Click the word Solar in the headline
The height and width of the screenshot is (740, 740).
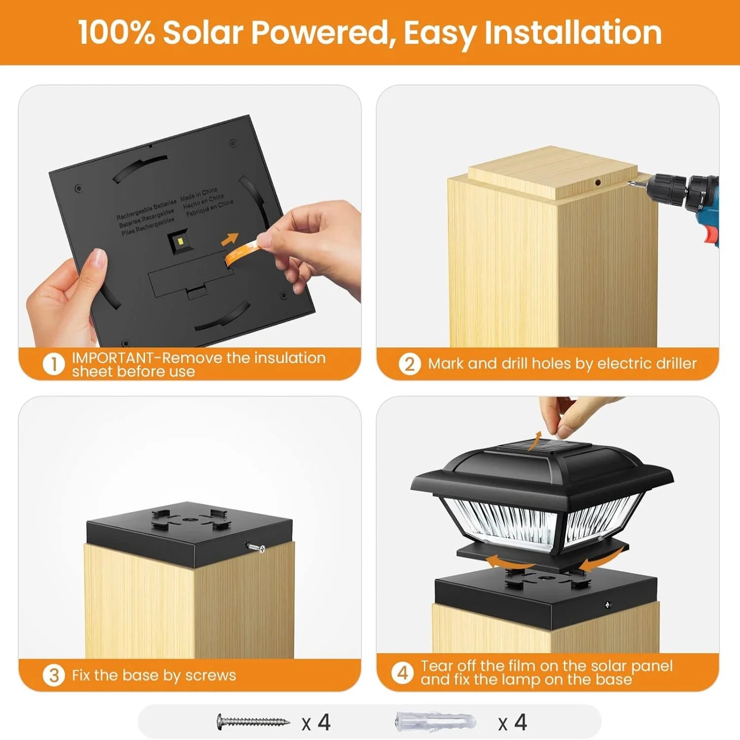(203, 33)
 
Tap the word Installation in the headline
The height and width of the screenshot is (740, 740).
(573, 33)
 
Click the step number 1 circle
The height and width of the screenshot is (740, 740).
(53, 365)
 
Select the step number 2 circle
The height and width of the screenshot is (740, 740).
(409, 364)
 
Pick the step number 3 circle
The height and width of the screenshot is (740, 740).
(53, 675)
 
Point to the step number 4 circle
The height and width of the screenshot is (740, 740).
(403, 672)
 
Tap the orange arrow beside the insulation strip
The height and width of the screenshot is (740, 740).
(229, 239)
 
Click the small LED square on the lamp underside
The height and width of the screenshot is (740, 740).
(180, 241)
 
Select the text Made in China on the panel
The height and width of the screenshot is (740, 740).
(199, 193)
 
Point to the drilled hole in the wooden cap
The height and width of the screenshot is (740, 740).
(598, 183)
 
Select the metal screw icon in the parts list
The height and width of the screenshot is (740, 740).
(253, 722)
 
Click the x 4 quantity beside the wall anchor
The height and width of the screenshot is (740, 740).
(513, 723)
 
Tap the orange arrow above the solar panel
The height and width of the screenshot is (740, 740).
(534, 441)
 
